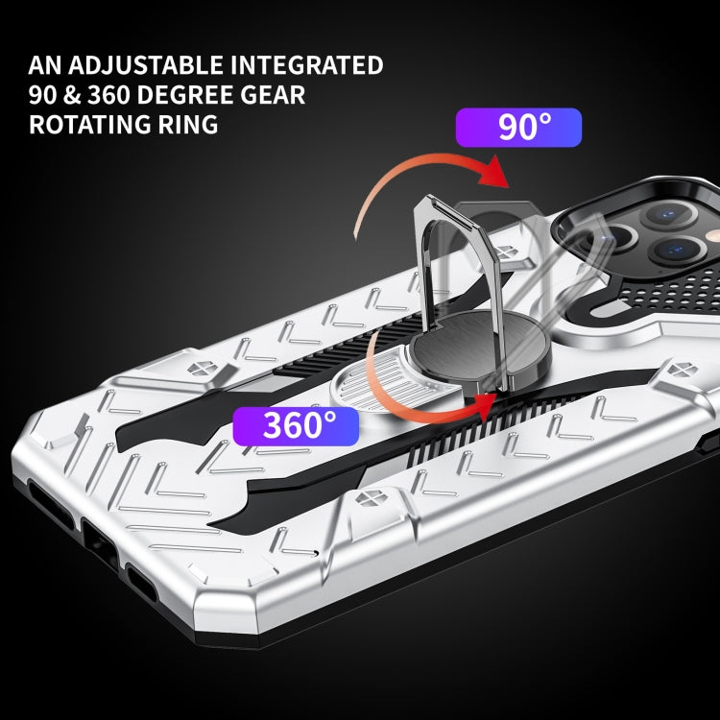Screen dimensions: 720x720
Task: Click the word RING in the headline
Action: coord(188,125)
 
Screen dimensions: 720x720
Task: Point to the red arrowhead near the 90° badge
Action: coord(492,173)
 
